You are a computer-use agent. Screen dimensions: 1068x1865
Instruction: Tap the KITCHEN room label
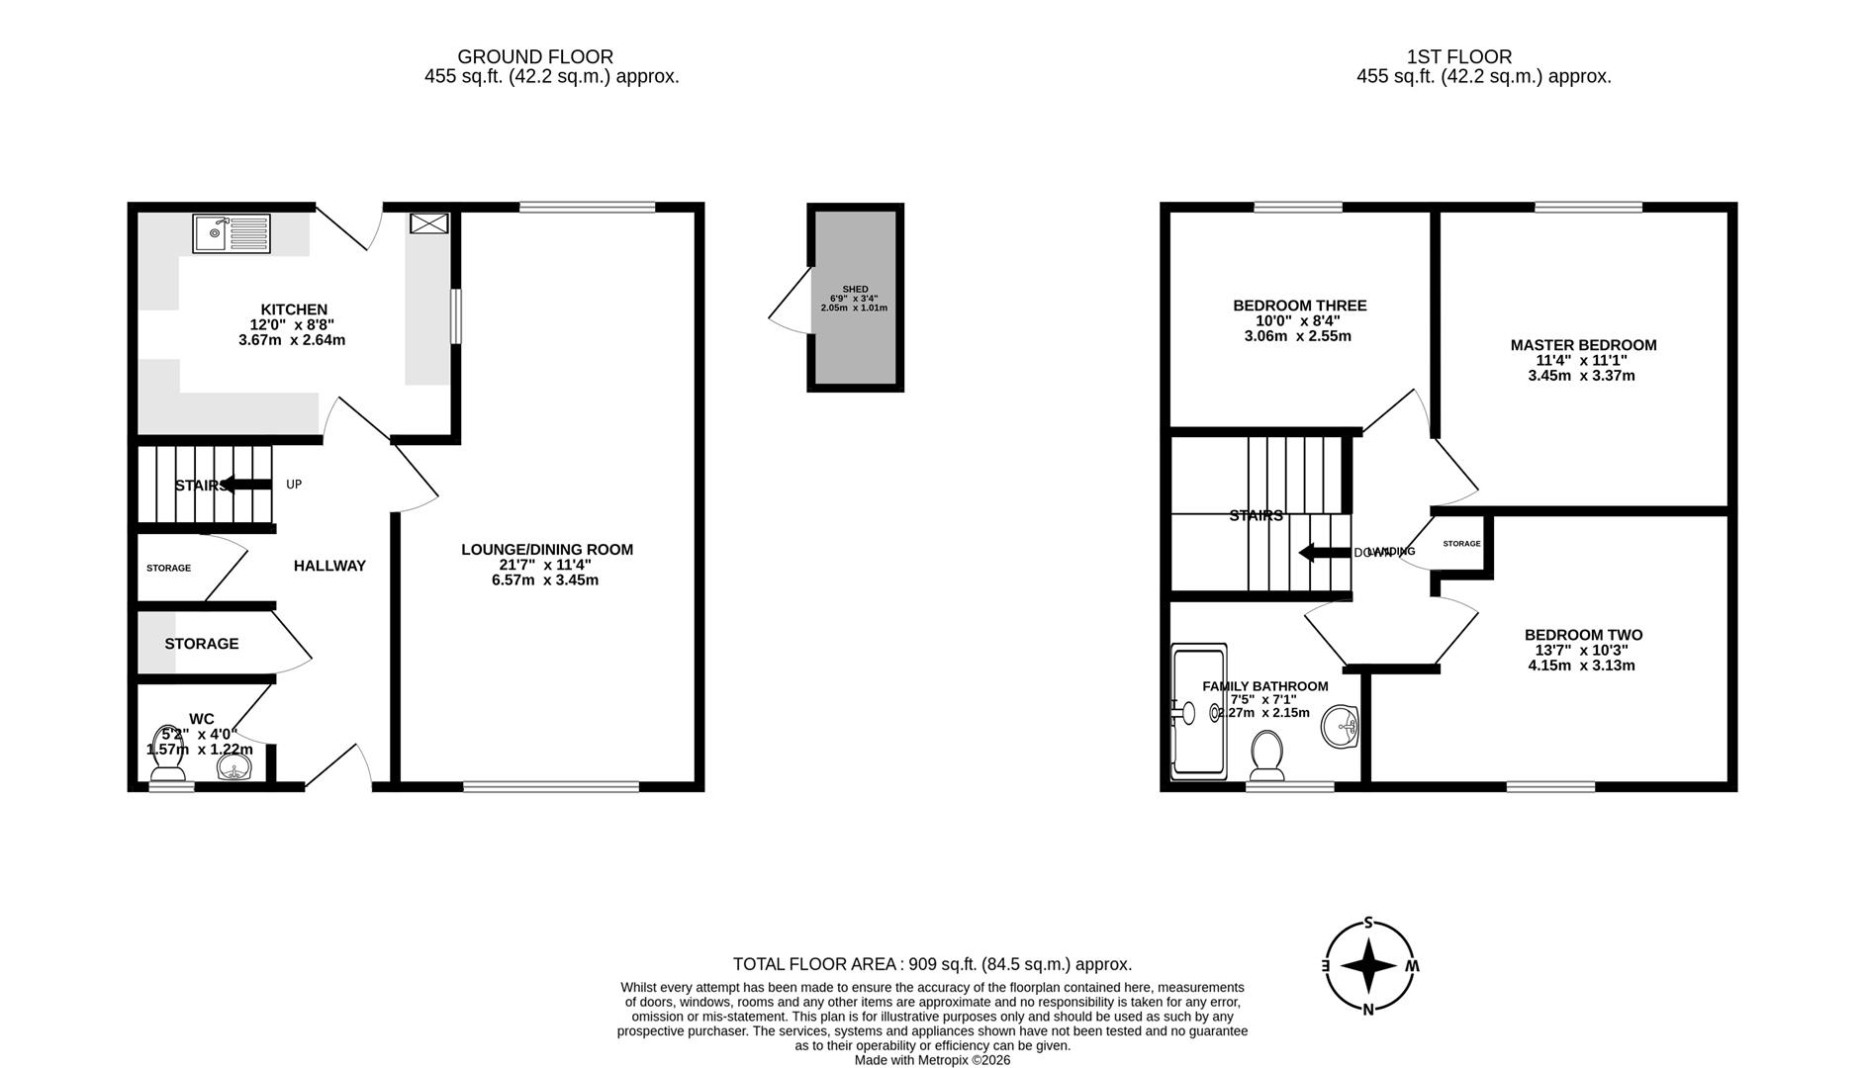pos(294,310)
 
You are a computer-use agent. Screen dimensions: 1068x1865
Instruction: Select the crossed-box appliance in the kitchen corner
pos(429,223)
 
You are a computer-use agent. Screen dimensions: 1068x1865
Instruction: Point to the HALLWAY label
pos(329,566)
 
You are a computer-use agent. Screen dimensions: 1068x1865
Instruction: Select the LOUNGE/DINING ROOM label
pos(546,550)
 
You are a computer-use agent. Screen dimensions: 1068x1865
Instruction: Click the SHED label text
pos(854,289)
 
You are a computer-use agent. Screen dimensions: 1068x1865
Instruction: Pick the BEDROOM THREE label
pos(1299,306)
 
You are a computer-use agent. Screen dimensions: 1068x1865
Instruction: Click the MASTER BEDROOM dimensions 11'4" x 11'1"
pos(1582,361)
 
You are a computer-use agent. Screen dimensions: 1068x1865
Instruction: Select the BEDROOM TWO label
pos(1583,635)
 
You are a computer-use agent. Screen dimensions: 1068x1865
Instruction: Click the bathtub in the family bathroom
pos(1197,712)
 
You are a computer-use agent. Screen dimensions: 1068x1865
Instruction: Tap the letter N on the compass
pos(1368,1010)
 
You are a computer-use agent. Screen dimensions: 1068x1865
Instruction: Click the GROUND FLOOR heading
pos(534,57)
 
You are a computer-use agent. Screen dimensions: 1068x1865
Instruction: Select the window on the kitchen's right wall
pos(455,315)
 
